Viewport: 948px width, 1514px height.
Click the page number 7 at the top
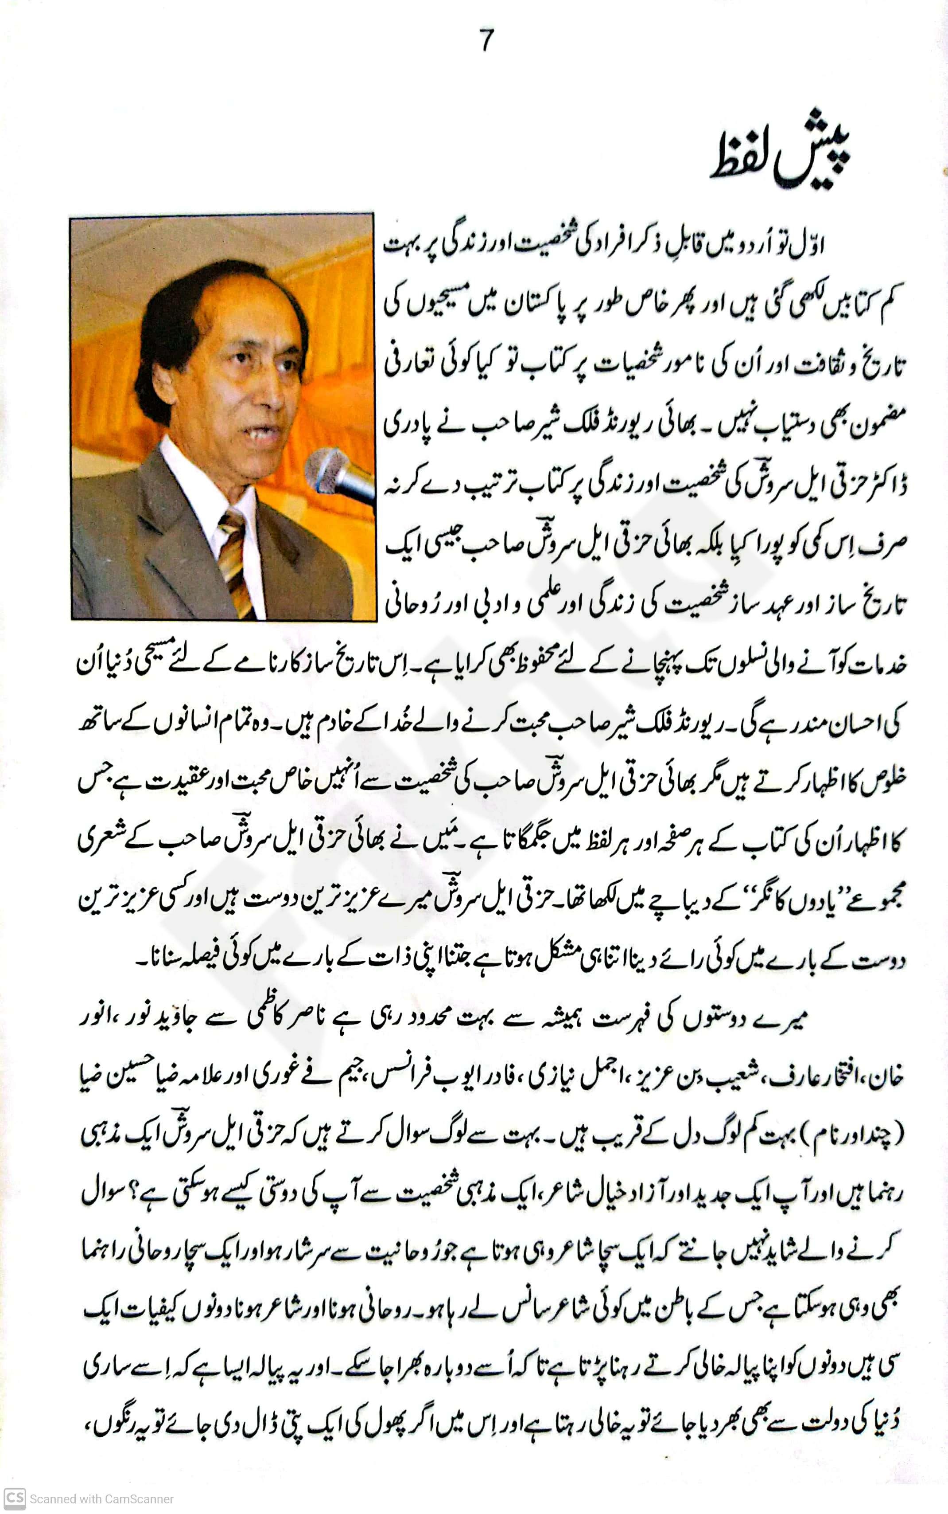click(x=486, y=41)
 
